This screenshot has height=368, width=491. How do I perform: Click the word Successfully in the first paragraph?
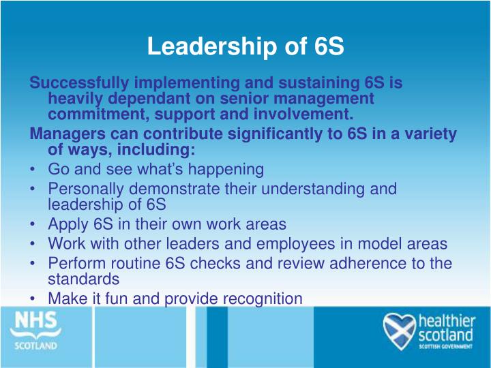click(x=80, y=84)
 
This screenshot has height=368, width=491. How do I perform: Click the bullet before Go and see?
click(x=33, y=169)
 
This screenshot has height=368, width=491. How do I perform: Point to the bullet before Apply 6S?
click(x=33, y=224)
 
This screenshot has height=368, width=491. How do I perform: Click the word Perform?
click(x=74, y=264)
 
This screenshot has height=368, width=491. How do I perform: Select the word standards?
click(x=84, y=279)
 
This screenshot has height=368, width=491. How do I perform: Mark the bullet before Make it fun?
click(x=33, y=298)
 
